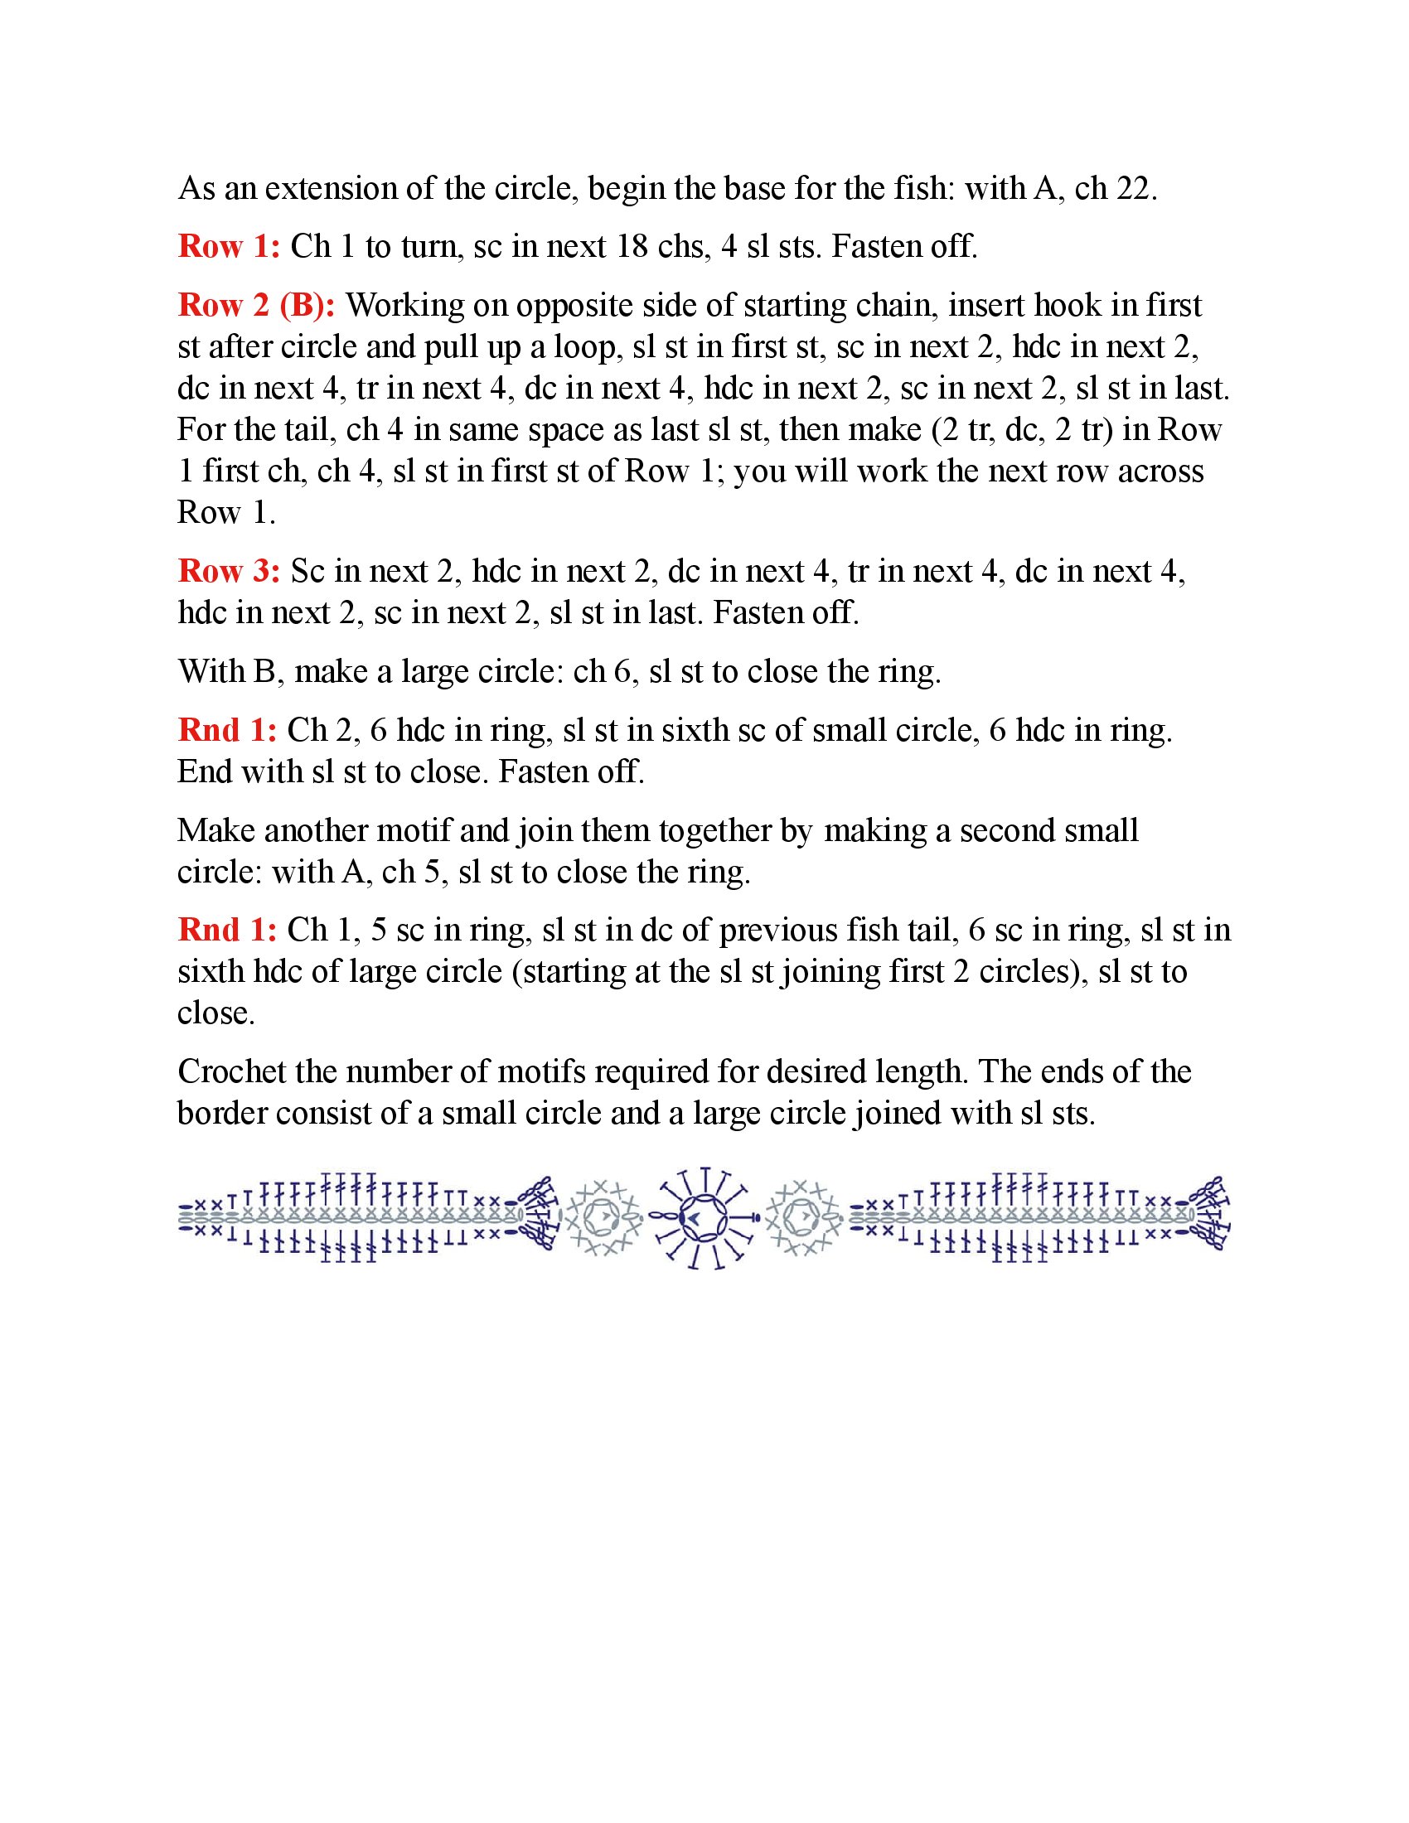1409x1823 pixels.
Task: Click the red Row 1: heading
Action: [x=229, y=247]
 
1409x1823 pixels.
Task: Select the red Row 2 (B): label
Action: [x=256, y=306]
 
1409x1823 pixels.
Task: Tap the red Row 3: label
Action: [x=229, y=572]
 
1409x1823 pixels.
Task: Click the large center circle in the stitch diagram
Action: [x=705, y=1220]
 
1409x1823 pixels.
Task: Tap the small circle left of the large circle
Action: [x=604, y=1220]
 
